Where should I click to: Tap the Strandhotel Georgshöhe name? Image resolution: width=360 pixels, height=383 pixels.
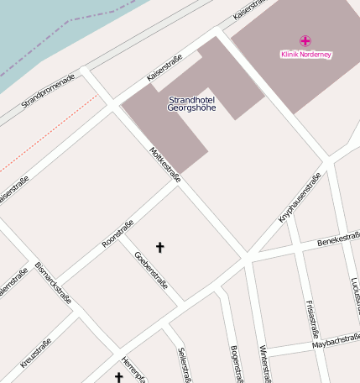(x=191, y=104)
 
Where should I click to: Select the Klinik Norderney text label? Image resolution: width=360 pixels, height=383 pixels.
(x=305, y=55)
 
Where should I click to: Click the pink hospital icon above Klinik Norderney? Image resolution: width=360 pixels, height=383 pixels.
(x=305, y=40)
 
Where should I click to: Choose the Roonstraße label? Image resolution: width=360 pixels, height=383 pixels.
(x=117, y=233)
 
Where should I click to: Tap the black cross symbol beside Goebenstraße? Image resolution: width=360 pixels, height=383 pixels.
(x=160, y=247)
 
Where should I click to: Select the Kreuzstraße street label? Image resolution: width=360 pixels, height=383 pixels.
(x=35, y=353)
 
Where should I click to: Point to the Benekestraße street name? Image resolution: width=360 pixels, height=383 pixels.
(x=338, y=241)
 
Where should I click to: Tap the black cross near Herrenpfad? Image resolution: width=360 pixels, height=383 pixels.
(x=118, y=379)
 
